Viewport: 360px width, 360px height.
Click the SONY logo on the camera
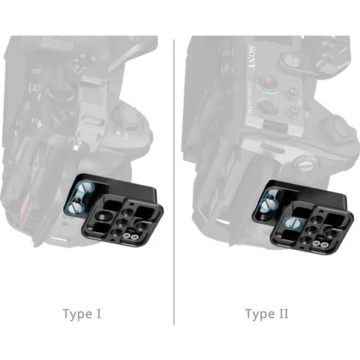click(x=251, y=57)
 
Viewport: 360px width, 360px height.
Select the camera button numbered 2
click(x=293, y=92)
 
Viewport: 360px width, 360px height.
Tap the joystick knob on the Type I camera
click(x=126, y=116)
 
